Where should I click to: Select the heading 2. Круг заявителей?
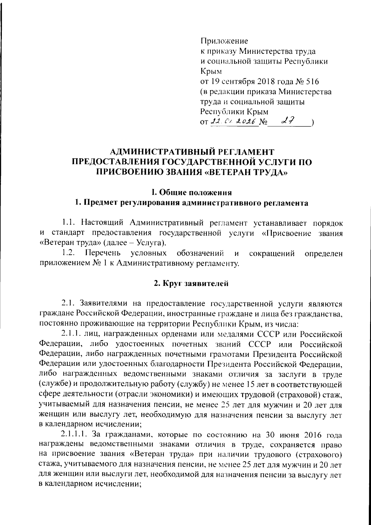click(191, 283)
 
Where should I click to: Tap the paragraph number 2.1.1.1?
click(74, 435)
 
